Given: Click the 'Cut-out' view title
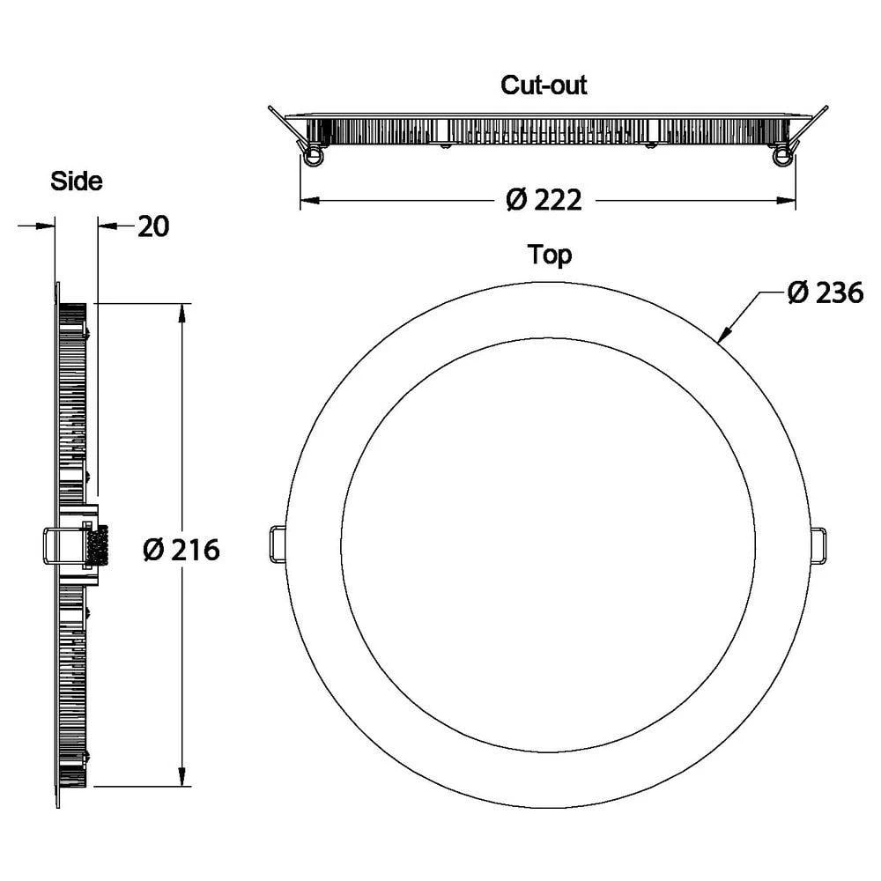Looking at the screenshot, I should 544,85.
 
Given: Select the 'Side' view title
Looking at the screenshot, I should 77,181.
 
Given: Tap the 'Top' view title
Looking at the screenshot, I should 550,255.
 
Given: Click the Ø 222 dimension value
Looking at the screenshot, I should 544,201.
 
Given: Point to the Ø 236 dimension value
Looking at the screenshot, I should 825,293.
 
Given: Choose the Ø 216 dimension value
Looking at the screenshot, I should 181,550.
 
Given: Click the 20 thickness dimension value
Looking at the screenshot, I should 152,226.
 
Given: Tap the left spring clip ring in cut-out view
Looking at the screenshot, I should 312,156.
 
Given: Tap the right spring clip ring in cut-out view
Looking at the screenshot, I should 781,156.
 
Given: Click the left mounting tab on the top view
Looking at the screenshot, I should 277,544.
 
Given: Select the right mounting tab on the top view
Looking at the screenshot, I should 818,544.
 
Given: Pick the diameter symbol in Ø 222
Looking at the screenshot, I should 516,201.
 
